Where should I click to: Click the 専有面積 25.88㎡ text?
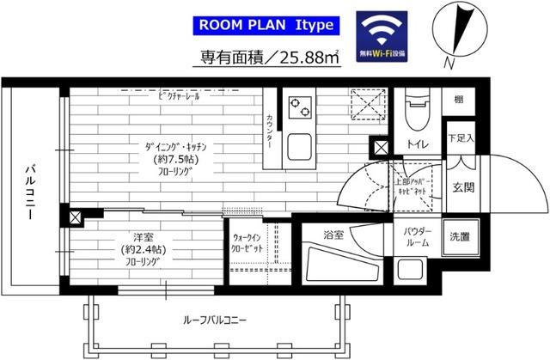(x=258, y=59)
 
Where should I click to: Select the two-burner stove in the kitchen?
(x=301, y=107)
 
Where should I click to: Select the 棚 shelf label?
(x=459, y=101)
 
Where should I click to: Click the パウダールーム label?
(x=415, y=237)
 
